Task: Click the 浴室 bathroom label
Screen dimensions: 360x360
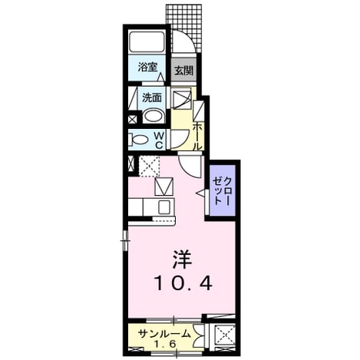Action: pyautogui.click(x=147, y=67)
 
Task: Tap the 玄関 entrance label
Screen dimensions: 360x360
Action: pyautogui.click(x=183, y=71)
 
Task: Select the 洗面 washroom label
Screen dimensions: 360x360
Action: pyautogui.click(x=152, y=97)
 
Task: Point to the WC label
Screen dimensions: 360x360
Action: pyautogui.click(x=159, y=140)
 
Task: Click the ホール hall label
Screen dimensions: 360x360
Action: pyautogui.click(x=197, y=136)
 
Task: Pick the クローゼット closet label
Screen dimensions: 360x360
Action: pyautogui.click(x=222, y=190)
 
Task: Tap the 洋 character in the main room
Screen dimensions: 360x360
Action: pyautogui.click(x=183, y=259)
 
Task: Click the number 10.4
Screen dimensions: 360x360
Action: pyautogui.click(x=183, y=283)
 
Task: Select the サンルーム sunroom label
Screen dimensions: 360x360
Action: pyautogui.click(x=164, y=334)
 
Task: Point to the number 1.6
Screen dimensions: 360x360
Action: pyautogui.click(x=165, y=344)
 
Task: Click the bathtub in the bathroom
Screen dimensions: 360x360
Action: pyautogui.click(x=147, y=41)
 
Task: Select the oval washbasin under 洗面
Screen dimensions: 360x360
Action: pyautogui.click(x=153, y=116)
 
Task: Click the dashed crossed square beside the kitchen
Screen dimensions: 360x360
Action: pyautogui.click(x=149, y=166)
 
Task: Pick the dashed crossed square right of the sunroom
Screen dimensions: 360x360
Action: pyautogui.click(x=225, y=335)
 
